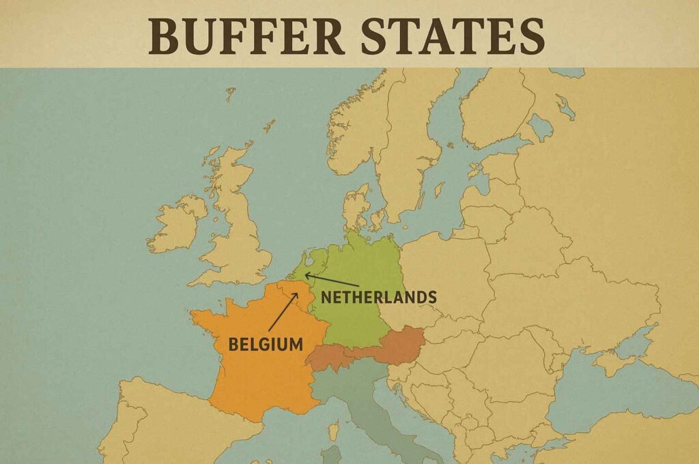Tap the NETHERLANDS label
378,298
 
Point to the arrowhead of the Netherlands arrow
306,274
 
